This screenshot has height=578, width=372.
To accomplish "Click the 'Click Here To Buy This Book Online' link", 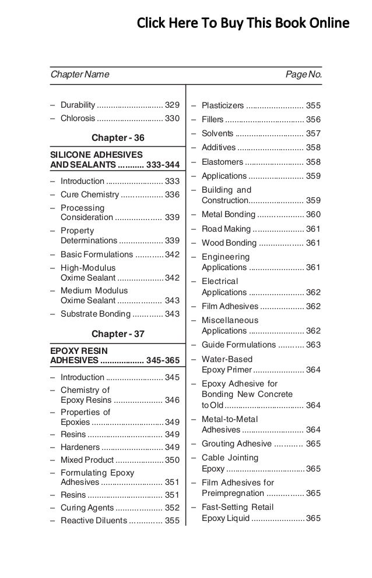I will [243, 24].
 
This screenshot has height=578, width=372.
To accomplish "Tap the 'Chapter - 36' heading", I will [118, 138].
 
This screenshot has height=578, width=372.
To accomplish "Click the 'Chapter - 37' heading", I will [118, 334].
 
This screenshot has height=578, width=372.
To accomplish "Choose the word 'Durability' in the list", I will [78, 105].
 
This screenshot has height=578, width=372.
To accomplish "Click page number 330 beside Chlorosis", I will [172, 118].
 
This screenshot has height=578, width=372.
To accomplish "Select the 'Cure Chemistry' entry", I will [89, 194].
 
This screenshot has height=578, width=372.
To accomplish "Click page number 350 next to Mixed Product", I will [172, 460].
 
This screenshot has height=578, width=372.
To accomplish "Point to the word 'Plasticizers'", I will [223, 106].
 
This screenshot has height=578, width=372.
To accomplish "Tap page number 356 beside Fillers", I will [313, 120].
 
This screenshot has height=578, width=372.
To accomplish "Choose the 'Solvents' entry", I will [217, 134].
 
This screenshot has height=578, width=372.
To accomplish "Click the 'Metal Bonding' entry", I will [228, 215].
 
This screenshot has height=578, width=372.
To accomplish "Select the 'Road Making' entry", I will [226, 229].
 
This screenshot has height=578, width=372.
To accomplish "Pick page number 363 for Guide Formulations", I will [313, 345].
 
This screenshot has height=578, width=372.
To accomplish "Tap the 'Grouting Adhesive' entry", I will [236, 444].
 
